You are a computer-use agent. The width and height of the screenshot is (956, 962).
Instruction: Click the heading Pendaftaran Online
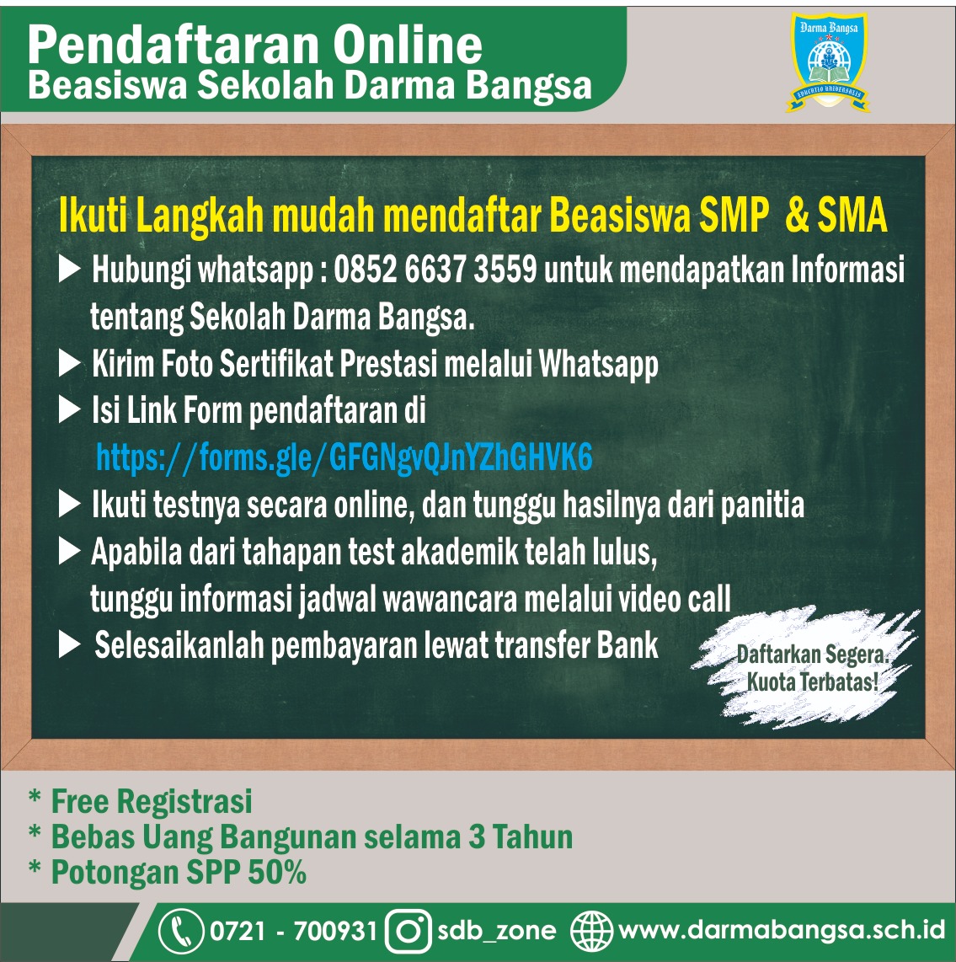click(254, 45)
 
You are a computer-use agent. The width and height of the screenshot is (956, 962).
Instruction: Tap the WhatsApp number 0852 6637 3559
click(435, 269)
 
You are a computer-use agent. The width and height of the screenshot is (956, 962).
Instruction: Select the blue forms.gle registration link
click(344, 457)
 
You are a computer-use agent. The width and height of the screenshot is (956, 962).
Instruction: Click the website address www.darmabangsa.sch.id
click(782, 930)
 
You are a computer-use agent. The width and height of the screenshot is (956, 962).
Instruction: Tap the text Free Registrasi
click(152, 801)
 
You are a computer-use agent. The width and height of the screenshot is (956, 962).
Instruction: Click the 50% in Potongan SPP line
click(277, 871)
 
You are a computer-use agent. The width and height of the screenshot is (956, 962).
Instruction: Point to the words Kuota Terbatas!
click(813, 681)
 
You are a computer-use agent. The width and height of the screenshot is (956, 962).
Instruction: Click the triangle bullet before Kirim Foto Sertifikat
click(69, 363)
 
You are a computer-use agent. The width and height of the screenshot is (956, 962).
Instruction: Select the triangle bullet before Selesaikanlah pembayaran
click(69, 645)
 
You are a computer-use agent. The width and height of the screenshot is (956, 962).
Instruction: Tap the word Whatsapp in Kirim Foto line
click(599, 365)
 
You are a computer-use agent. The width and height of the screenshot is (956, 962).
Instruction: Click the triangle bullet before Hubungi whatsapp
click(69, 269)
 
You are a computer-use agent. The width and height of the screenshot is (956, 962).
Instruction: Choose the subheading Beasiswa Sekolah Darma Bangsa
click(310, 85)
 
